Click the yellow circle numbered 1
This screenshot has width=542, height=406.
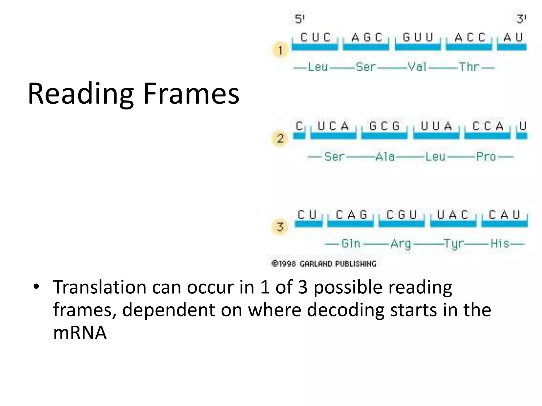(x=280, y=49)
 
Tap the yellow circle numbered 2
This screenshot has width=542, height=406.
(x=280, y=138)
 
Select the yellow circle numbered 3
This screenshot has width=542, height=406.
(x=280, y=227)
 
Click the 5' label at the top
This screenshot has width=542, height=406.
(x=300, y=19)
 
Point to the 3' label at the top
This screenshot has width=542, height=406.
(x=521, y=19)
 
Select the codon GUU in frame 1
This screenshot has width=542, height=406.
(x=418, y=38)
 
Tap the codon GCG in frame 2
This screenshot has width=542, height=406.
(x=384, y=126)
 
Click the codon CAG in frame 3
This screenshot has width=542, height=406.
(x=351, y=215)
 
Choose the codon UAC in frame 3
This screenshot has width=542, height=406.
(x=453, y=215)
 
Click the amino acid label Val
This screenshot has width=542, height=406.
(x=417, y=67)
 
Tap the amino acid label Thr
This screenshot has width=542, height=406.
(x=469, y=67)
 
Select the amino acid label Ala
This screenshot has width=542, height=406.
(x=385, y=156)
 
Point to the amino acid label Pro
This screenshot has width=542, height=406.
(x=486, y=156)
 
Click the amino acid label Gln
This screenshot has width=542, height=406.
(x=351, y=243)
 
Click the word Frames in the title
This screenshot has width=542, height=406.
(x=191, y=94)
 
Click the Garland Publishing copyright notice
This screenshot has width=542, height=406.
(x=324, y=264)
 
